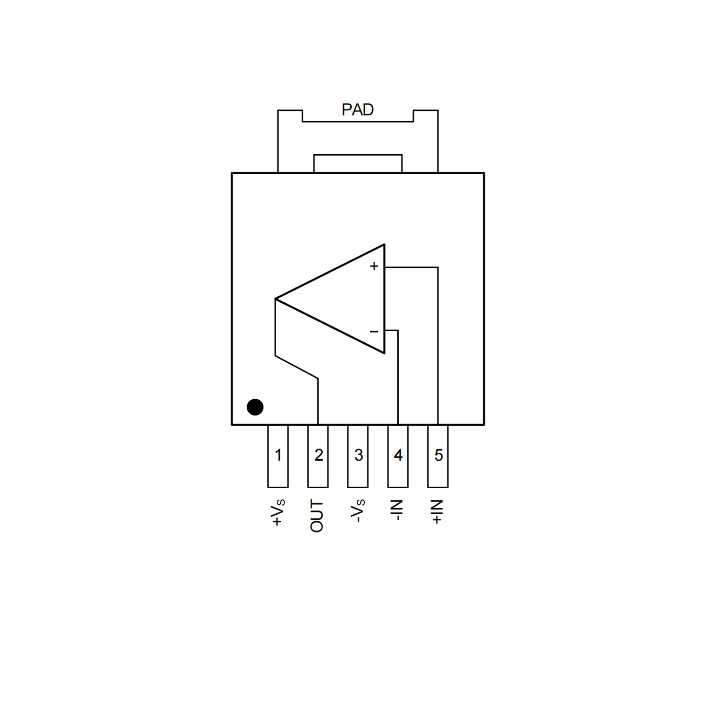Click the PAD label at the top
[x=357, y=110]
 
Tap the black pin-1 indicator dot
[x=255, y=407]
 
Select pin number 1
[x=278, y=455]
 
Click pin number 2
[x=319, y=455]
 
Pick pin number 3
[x=358, y=455]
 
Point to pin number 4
[x=398, y=455]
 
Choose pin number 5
[x=438, y=455]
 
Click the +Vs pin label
[x=278, y=512]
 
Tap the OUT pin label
[x=317, y=516]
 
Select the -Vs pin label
[x=358, y=511]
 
